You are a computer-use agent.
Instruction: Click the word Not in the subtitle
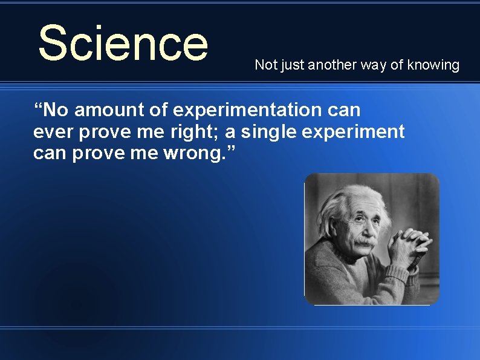[x=264, y=65]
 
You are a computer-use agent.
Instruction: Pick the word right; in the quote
[x=196, y=132]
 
